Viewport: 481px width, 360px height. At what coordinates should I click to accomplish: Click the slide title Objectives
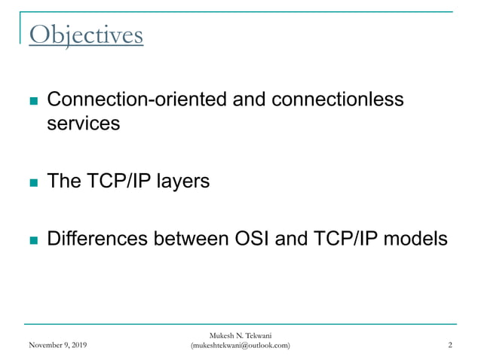[85, 35]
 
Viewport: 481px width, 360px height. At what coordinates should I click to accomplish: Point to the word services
[83, 124]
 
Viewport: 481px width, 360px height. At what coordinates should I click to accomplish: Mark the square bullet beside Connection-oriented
[32, 101]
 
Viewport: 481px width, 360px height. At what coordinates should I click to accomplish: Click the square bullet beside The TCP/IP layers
[32, 183]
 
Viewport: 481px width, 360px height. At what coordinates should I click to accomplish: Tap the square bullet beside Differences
[32, 241]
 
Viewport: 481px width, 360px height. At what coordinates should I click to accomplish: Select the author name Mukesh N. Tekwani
[240, 335]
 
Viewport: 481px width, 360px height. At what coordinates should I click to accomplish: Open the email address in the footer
[240, 346]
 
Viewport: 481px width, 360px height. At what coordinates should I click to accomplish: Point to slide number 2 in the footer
[449, 346]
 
